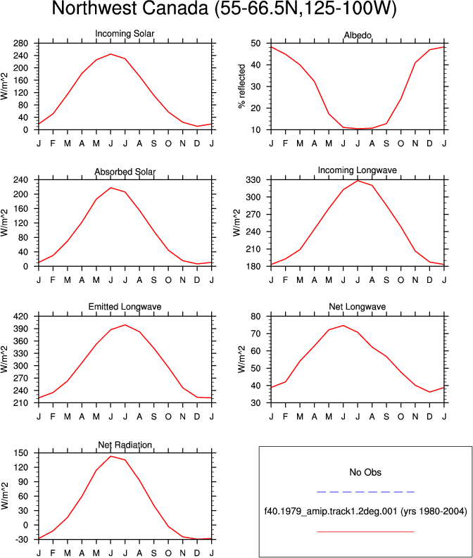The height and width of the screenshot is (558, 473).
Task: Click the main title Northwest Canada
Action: coord(224,8)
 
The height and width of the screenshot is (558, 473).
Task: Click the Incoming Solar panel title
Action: coord(125,34)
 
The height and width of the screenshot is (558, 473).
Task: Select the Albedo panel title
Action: coord(358,35)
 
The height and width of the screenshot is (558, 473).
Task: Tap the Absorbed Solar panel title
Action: coord(125,172)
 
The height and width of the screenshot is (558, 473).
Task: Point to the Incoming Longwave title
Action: coord(358,170)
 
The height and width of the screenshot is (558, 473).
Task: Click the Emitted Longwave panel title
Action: coord(125,307)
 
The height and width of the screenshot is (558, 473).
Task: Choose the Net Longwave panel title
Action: coord(358,307)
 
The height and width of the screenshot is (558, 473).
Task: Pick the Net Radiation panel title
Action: coord(125,445)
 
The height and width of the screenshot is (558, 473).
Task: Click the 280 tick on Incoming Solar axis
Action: coord(20,44)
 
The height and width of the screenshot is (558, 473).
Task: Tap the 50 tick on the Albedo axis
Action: coord(256,44)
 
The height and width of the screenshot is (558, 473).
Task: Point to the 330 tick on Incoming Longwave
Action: coord(253,180)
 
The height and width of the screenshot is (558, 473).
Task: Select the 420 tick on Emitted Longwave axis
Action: coord(20,317)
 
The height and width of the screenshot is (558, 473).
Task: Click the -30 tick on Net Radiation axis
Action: coord(20,540)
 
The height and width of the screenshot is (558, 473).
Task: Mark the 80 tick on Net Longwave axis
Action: coord(256,317)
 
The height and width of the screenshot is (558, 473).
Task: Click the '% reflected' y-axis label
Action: coord(241,86)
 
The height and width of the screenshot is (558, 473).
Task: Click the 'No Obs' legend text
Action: coord(365,472)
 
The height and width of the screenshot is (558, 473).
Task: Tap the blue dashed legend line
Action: coord(365,492)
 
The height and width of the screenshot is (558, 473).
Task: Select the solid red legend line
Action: coord(365,532)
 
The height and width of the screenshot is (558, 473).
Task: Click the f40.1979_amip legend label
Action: coord(365,512)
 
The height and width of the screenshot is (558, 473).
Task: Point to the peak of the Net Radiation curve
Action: coord(111,456)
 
